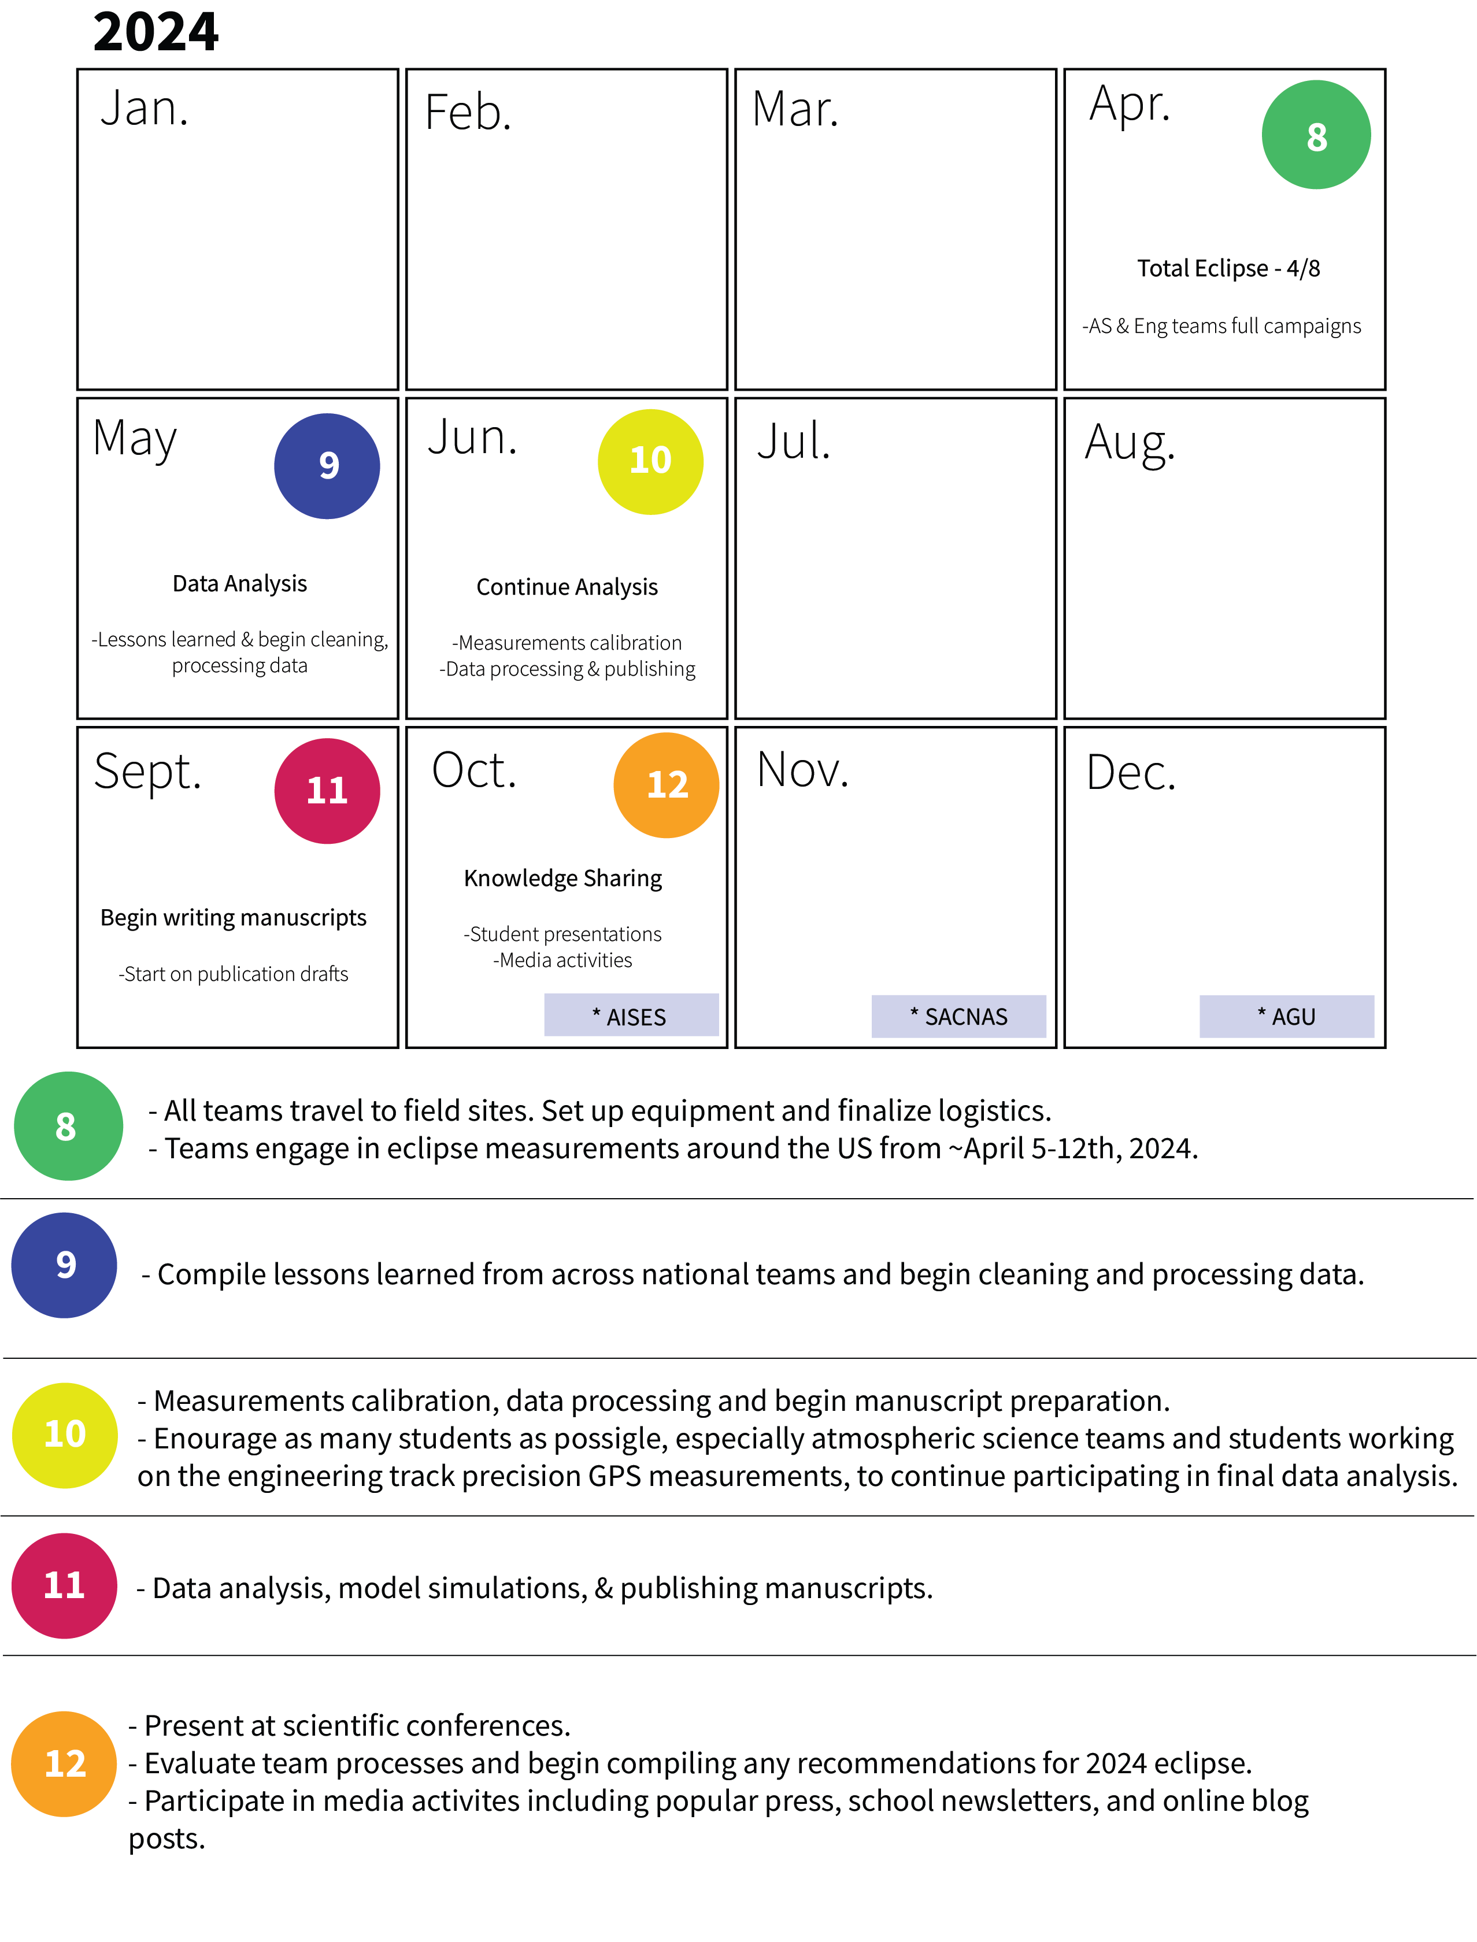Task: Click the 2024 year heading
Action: [x=156, y=32]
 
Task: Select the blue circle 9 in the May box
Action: [x=327, y=466]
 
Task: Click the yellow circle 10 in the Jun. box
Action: [x=650, y=462]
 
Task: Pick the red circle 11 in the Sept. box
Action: [x=327, y=790]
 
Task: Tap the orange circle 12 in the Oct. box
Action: [x=667, y=785]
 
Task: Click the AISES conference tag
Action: [x=631, y=1016]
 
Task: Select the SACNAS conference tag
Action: [x=958, y=1016]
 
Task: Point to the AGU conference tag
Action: [x=1286, y=1016]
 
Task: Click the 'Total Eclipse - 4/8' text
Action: [x=1228, y=268]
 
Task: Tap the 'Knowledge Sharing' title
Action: [x=562, y=879]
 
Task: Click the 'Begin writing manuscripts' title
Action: [x=233, y=918]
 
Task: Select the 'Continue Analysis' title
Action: [x=567, y=587]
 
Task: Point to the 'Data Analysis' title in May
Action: [x=239, y=584]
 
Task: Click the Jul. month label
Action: [x=793, y=442]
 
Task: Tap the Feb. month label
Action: [x=468, y=113]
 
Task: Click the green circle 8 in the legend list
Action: [x=68, y=1126]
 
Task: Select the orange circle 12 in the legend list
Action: [x=64, y=1763]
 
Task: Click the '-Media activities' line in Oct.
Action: [x=562, y=960]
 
